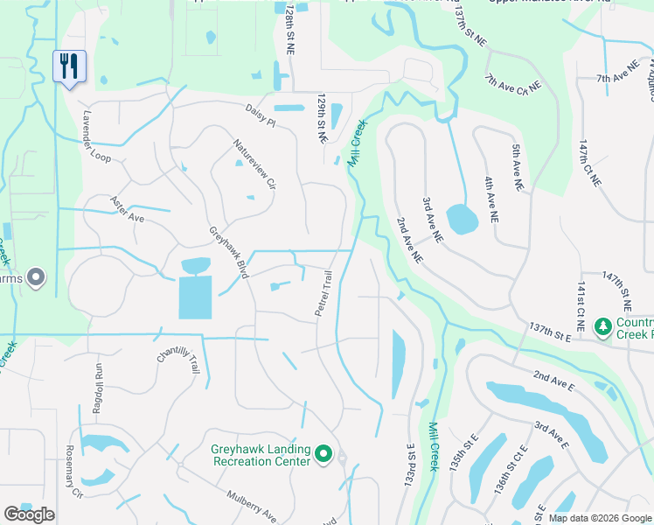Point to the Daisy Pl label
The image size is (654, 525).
click(x=260, y=115)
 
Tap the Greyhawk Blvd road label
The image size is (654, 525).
click(x=230, y=252)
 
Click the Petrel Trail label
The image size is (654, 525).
click(x=324, y=294)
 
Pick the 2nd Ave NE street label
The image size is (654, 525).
click(x=409, y=241)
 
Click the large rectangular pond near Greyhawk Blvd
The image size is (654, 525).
click(x=195, y=297)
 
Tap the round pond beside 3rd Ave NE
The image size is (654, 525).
click(x=462, y=219)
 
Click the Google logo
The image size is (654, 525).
click(x=29, y=514)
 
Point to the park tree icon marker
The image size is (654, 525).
click(x=602, y=327)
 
